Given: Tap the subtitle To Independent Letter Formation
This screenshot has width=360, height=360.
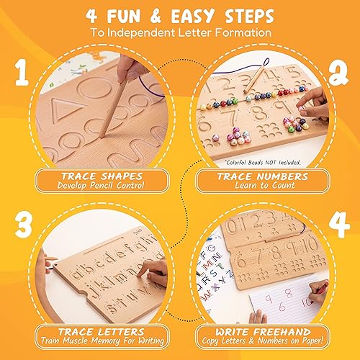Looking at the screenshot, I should (180, 33).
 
